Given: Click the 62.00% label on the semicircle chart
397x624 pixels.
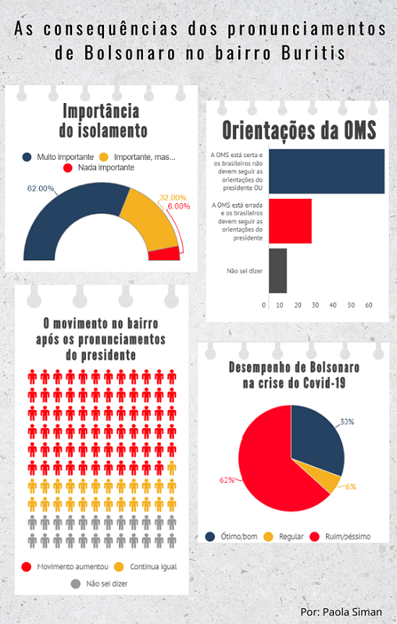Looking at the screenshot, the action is click(x=40, y=188).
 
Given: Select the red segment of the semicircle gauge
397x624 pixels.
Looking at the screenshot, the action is click(x=165, y=254).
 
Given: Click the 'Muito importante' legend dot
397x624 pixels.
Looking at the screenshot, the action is click(x=27, y=157).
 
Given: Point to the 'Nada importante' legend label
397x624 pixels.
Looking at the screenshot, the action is click(x=106, y=168).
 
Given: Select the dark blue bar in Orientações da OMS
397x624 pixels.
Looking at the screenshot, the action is click(x=327, y=171).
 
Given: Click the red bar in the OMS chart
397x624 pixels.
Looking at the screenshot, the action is click(x=290, y=221).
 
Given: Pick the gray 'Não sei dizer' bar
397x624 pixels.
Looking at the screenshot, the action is click(x=278, y=271).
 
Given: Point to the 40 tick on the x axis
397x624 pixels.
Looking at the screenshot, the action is click(x=333, y=306).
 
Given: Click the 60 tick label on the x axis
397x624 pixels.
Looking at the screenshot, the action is click(x=368, y=306).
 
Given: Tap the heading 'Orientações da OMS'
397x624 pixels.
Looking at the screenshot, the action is click(x=299, y=130).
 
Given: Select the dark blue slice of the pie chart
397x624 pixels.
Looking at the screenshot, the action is click(x=317, y=438).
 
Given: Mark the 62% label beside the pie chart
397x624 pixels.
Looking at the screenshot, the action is click(x=227, y=480).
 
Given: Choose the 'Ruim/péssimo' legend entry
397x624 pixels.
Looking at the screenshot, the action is click(x=341, y=536).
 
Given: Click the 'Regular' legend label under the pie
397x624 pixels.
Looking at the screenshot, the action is click(x=291, y=536).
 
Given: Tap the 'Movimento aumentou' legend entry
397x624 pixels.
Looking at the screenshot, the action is click(x=66, y=566).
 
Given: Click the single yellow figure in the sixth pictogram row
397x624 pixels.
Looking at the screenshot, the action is click(x=172, y=468).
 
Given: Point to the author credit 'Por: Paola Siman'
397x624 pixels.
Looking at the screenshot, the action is click(x=341, y=612).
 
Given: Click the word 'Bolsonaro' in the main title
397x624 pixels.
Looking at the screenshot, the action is click(x=130, y=53).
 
